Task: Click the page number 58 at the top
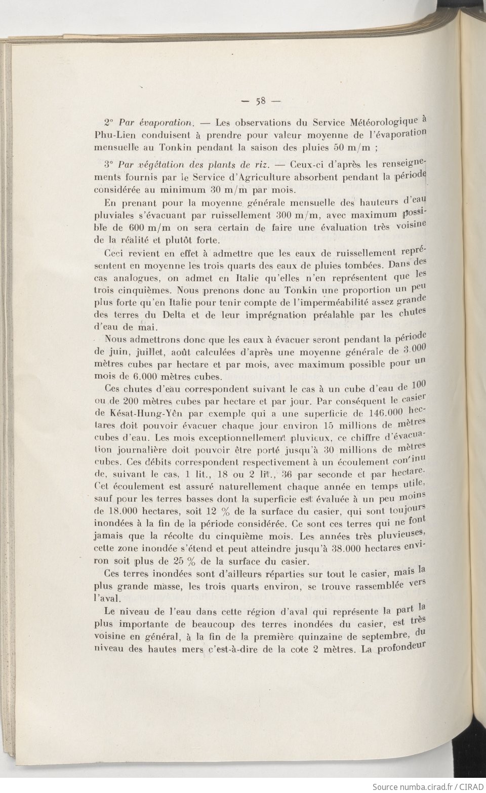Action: click(x=261, y=100)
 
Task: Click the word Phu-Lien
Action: click(x=114, y=135)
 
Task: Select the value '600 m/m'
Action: click(x=153, y=228)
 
